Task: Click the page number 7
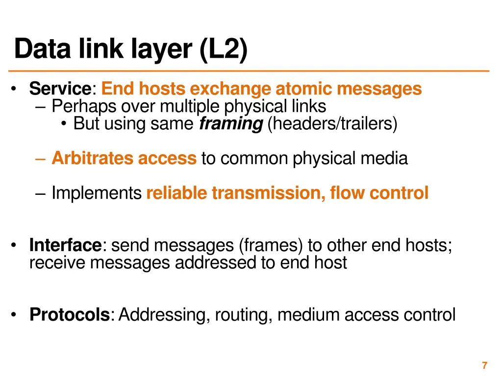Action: click(484, 365)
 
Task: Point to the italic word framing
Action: click(231, 124)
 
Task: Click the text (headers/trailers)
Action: click(332, 124)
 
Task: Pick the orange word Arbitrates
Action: click(93, 158)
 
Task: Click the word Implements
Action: click(96, 193)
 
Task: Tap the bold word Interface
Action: click(65, 244)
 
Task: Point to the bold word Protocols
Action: click(69, 314)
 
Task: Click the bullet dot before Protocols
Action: click(17, 314)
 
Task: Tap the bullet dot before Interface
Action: click(17, 244)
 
